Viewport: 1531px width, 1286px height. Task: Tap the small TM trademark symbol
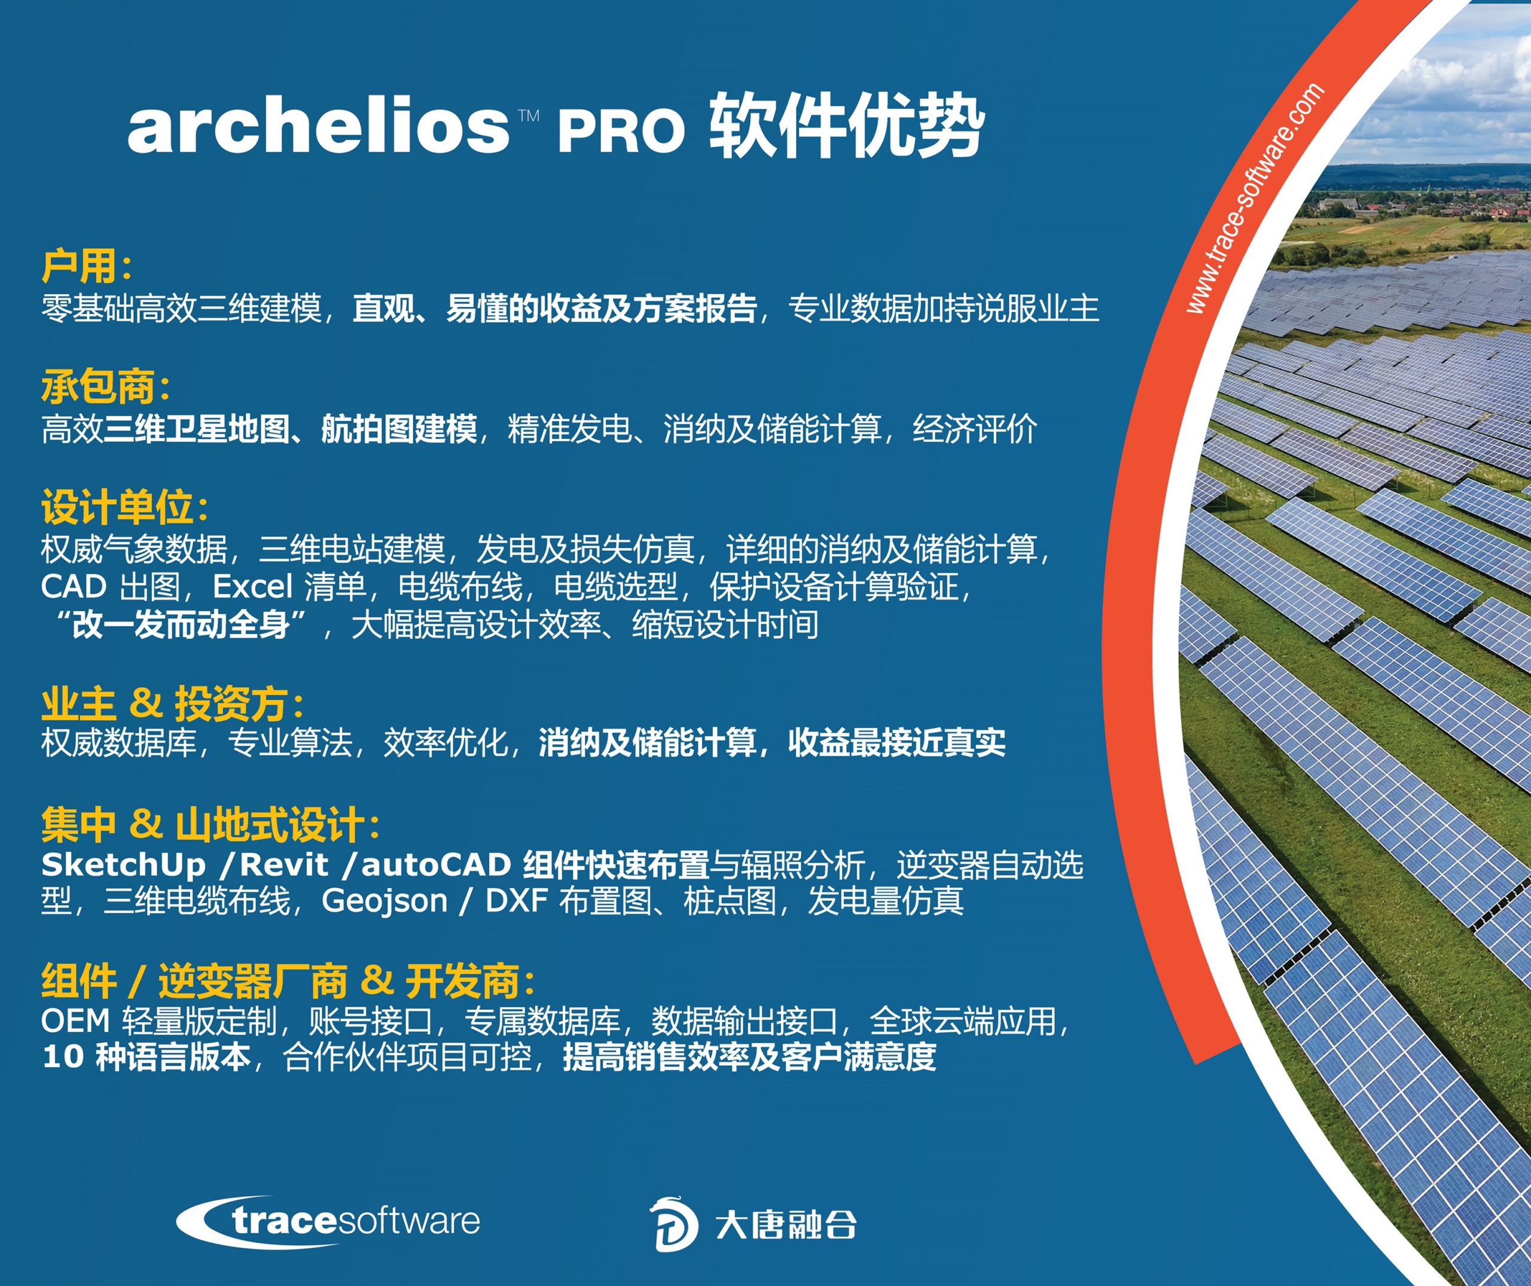(x=529, y=115)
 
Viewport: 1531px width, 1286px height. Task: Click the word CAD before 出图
(x=74, y=586)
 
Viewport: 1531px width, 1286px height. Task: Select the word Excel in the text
(x=252, y=586)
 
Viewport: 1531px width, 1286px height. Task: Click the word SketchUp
(x=123, y=866)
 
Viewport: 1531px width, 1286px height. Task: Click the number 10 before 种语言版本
(x=63, y=1057)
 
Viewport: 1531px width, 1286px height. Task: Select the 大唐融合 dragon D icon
(x=673, y=1224)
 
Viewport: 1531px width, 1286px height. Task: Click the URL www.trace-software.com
(x=1254, y=199)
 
